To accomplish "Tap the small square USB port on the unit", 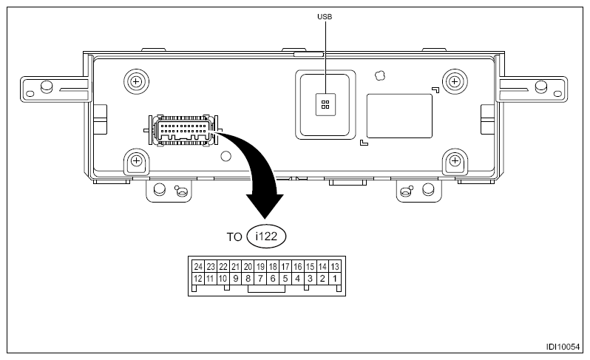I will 325,104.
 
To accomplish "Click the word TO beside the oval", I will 234,237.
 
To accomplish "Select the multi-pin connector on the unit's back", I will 183,131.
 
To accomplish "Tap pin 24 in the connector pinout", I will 197,266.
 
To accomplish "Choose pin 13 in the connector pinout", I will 335,266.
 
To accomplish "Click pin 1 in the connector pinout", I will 335,279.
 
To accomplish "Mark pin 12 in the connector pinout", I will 197,279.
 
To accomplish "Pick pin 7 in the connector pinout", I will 260,279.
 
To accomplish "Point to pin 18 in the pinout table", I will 273,266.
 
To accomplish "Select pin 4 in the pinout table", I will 297,279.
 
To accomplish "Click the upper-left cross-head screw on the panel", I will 135,80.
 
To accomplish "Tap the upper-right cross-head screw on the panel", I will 453,80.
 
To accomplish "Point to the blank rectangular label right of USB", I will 399,115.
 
